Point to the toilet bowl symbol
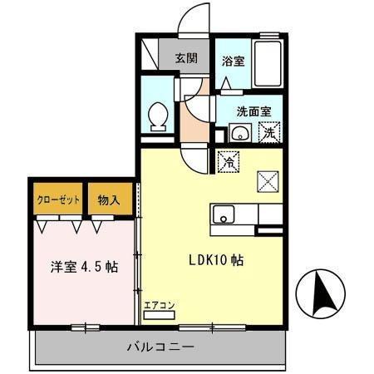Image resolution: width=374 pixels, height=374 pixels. click(157, 116)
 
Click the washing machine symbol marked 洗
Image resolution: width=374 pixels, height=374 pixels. click(270, 131)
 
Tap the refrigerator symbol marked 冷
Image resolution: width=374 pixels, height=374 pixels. click(227, 161)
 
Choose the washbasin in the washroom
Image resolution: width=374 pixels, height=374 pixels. click(240, 132)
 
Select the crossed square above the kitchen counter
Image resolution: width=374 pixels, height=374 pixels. click(268, 180)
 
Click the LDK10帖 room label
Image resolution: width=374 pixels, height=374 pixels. click(214, 259)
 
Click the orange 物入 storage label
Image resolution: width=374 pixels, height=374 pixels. click(108, 200)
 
